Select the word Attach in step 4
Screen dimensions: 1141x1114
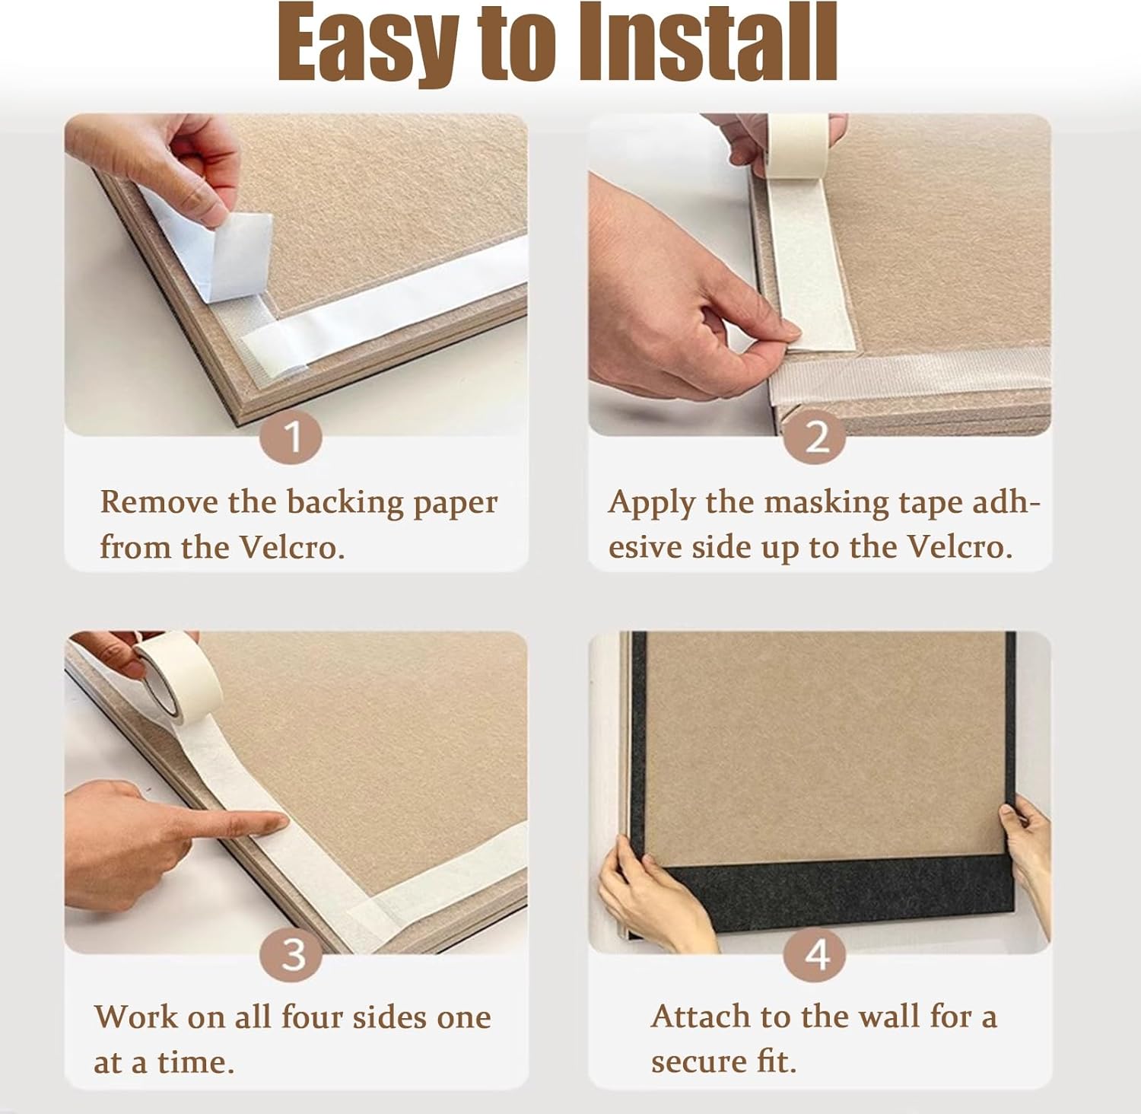click(698, 1017)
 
